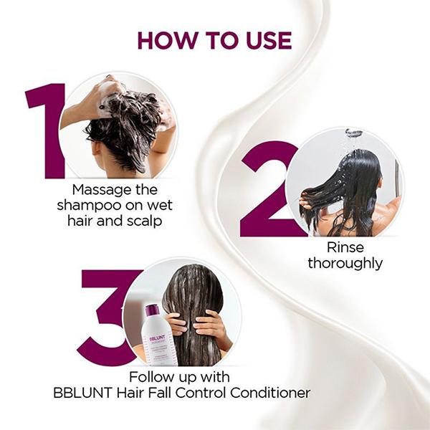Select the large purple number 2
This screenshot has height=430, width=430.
[268, 190]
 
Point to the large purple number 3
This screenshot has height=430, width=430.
[107, 315]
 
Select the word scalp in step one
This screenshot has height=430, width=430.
[142, 221]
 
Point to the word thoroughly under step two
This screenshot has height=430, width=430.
[345, 264]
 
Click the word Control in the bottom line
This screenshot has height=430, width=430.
[218, 393]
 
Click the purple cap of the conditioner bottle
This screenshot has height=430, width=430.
[151, 311]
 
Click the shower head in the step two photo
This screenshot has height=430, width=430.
[354, 133]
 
